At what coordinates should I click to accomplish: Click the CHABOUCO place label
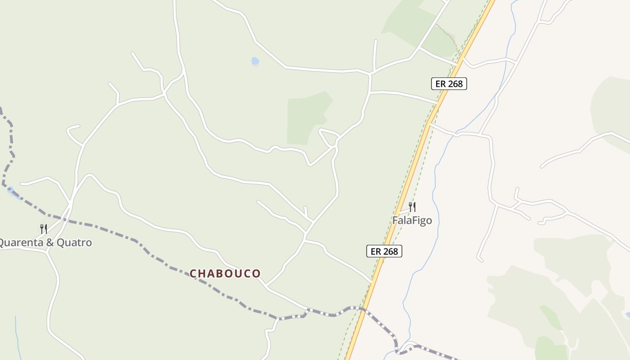[225, 273]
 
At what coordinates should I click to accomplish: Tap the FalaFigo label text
[412, 220]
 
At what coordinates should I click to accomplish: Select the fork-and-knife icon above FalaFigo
[412, 207]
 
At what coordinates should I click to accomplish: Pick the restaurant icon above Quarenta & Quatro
[44, 229]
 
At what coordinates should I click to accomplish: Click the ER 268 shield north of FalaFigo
[449, 84]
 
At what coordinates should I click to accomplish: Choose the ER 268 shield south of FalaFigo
[384, 251]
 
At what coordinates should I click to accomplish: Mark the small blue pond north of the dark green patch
[255, 61]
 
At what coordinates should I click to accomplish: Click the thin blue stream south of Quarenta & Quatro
[17, 333]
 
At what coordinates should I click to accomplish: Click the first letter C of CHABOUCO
[193, 274]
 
